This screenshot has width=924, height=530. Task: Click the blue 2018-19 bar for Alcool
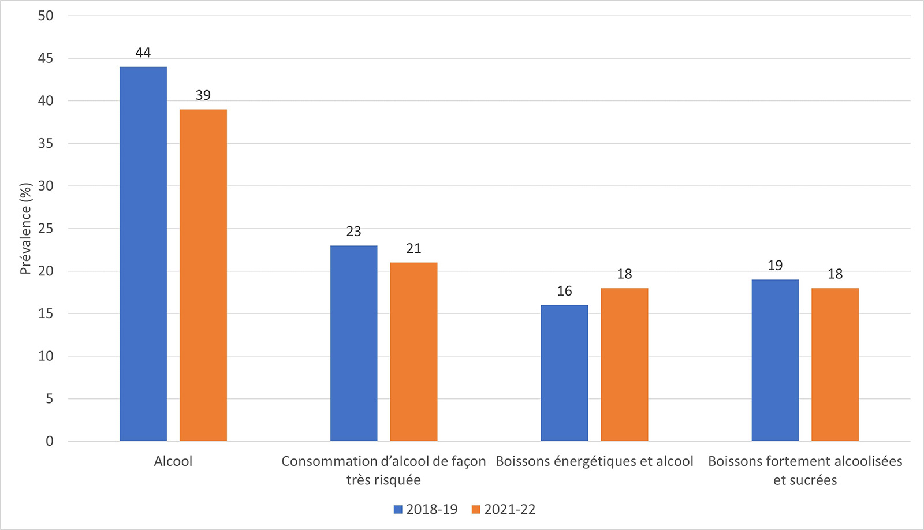pos(143,254)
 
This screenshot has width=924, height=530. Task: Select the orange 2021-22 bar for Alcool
pos(203,275)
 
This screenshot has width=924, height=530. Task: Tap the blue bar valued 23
pos(353,343)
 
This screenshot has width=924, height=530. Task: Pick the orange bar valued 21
pos(413,352)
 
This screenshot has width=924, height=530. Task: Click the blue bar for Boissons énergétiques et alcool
pos(564,373)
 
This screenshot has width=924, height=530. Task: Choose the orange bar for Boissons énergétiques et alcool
pos(624,364)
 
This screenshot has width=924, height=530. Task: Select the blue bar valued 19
pos(775,360)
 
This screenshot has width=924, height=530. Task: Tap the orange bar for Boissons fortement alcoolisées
pos(835,364)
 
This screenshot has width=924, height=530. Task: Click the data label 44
pos(143,53)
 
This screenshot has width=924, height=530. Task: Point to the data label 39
pos(203,95)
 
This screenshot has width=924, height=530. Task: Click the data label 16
pos(564,291)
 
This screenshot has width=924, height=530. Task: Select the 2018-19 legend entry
pos(426,509)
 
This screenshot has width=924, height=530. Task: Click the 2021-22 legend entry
pos(504,509)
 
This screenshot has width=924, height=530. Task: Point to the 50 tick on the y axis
pos(46,16)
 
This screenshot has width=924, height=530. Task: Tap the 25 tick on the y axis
pos(46,229)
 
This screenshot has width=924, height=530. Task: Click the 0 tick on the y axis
pos(49,441)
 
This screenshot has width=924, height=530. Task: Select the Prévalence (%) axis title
pos(25,229)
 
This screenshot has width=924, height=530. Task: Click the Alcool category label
pos(173,461)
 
